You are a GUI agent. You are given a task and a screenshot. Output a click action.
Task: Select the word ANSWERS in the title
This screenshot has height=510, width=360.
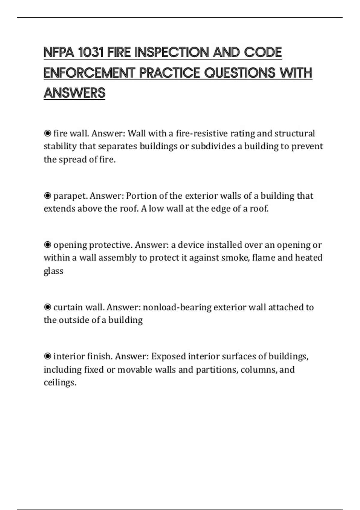click(x=74, y=93)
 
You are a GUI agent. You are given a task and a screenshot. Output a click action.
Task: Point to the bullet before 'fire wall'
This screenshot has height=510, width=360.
click(x=47, y=133)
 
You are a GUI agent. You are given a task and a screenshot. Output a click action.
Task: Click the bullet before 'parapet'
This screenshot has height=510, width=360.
click(x=47, y=196)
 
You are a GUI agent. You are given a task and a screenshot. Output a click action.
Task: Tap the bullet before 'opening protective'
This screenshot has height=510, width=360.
click(x=47, y=245)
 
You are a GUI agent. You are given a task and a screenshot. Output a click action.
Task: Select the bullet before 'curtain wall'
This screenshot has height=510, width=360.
click(x=47, y=307)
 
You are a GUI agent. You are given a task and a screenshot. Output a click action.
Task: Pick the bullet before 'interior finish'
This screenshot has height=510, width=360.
click(x=47, y=356)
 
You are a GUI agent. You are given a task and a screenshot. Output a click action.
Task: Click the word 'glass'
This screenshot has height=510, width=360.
click(x=53, y=271)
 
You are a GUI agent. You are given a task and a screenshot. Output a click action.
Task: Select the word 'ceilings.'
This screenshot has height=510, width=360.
click(x=60, y=382)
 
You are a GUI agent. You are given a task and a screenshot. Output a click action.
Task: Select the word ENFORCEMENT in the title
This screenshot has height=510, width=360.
click(x=89, y=73)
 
